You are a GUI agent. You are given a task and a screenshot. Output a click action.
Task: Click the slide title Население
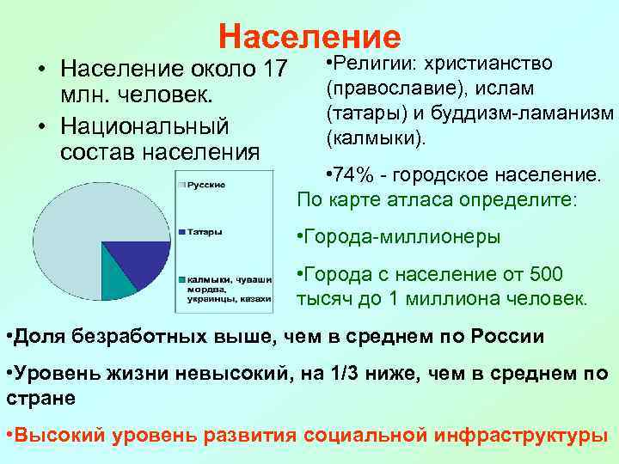pos(309,36)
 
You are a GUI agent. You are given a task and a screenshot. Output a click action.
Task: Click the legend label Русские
pos(207,185)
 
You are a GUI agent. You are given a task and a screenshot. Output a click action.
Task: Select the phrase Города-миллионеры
pos(401,237)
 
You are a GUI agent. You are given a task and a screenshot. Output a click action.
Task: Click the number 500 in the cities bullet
pos(545,274)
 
